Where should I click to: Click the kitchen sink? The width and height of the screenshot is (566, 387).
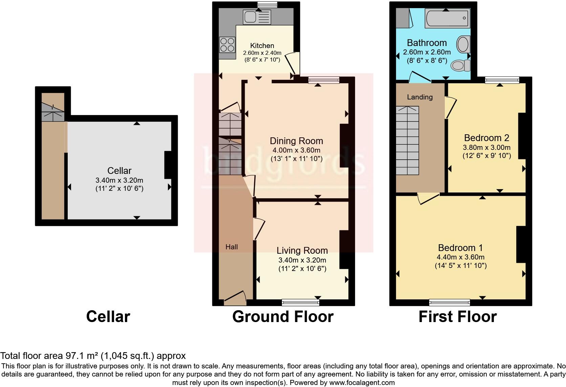[x=257, y=17]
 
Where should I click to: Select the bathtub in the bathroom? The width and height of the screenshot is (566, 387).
[x=448, y=18]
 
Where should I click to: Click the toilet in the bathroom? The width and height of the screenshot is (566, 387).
[x=461, y=65]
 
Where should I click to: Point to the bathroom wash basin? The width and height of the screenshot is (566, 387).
[x=462, y=44]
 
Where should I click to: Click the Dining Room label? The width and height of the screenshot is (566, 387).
[x=296, y=141]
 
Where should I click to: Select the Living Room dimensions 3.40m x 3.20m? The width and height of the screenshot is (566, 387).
[x=302, y=260]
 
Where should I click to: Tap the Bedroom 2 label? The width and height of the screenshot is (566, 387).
[x=486, y=138]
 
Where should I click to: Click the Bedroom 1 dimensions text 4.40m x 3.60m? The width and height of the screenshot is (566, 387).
[x=460, y=257]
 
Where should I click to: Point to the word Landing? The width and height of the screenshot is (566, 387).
[x=419, y=97]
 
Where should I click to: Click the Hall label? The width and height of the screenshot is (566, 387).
[x=232, y=247]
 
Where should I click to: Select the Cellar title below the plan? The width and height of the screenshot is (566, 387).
[x=108, y=317]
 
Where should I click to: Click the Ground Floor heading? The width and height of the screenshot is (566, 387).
[x=283, y=317]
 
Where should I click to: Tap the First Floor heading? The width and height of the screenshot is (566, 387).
[x=457, y=317]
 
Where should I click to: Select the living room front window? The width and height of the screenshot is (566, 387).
[x=301, y=302]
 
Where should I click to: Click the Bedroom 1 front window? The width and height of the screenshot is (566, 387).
[x=449, y=302]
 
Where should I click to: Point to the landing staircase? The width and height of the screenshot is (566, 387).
[x=407, y=140]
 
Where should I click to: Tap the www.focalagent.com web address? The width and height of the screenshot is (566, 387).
[x=362, y=383]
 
